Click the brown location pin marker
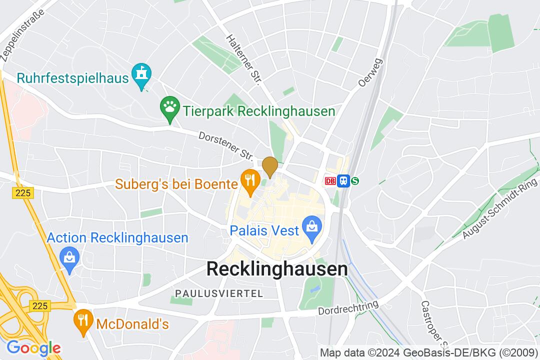(270, 166)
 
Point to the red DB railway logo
(330, 181)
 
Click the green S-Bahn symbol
(355, 181)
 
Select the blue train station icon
(343, 181)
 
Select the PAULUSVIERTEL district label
(218, 293)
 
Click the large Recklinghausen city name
(277, 269)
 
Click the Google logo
(33, 347)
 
